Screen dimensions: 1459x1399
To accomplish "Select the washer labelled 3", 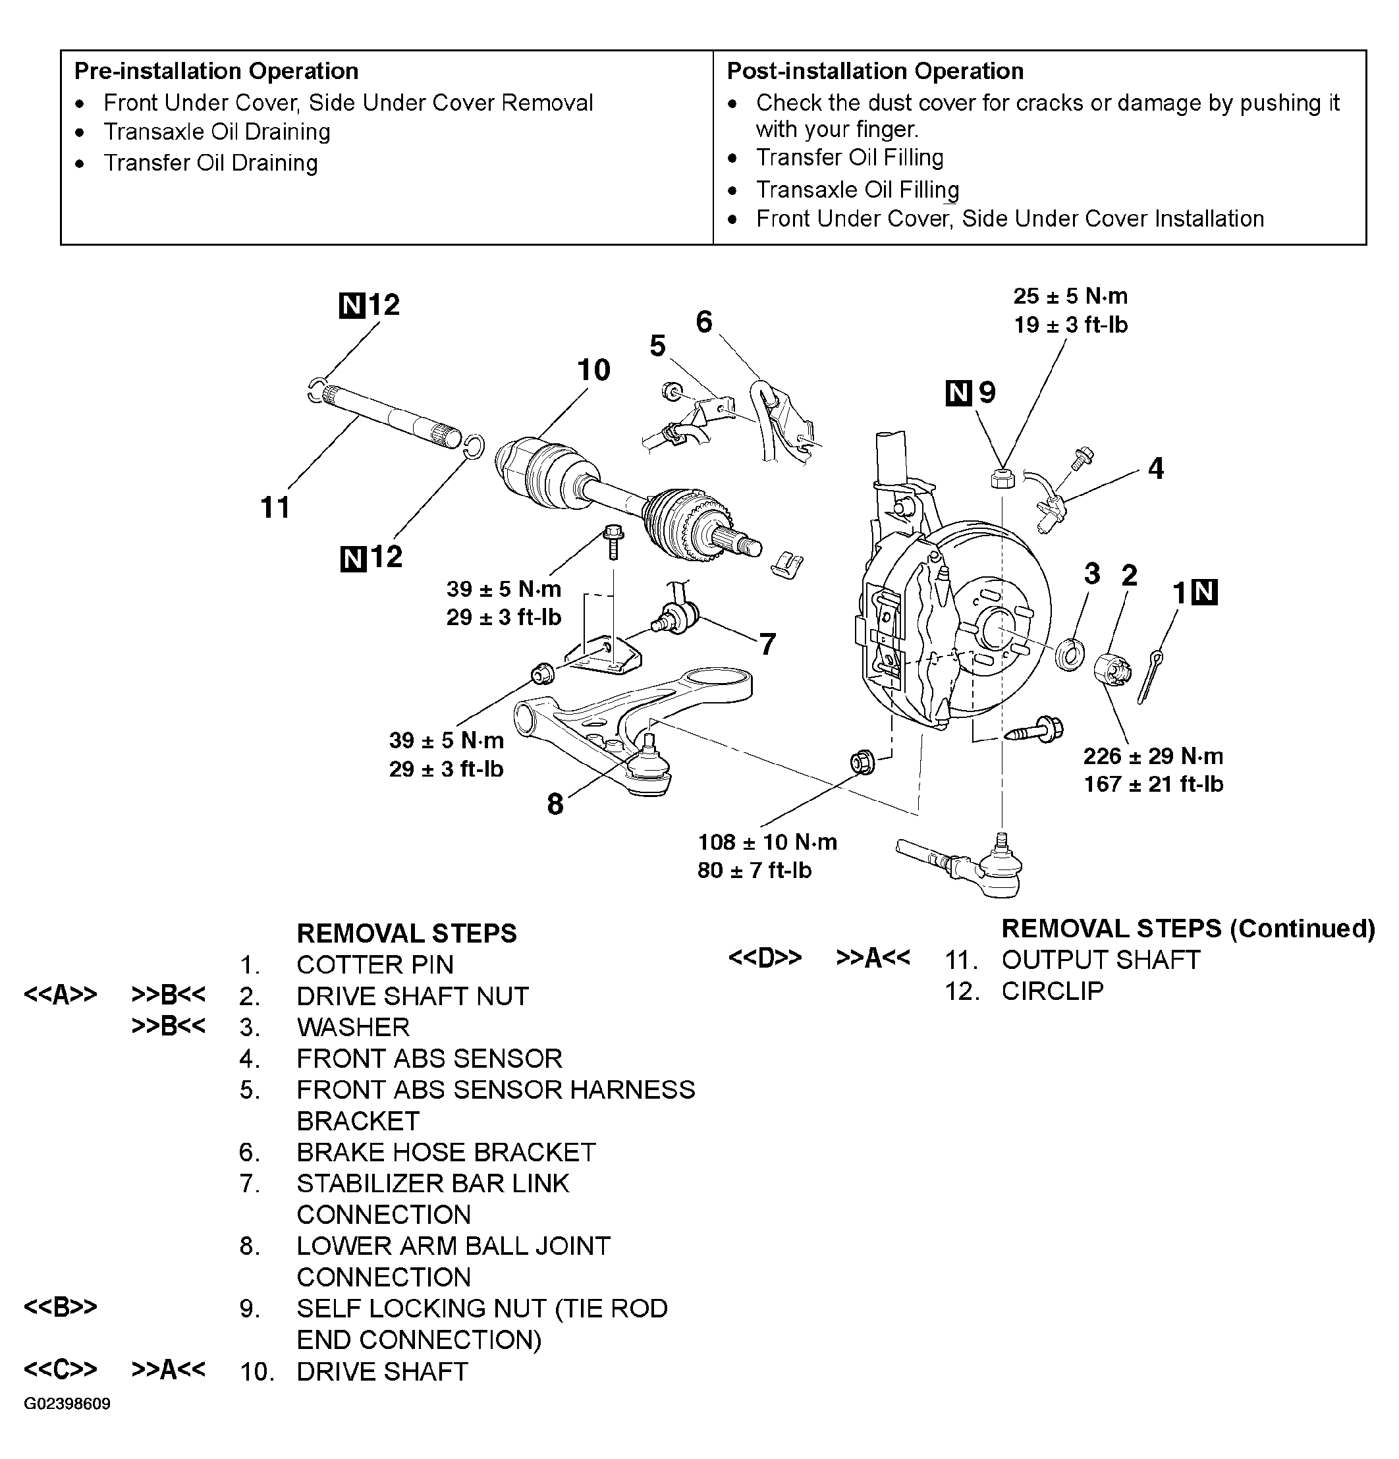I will [1070, 653].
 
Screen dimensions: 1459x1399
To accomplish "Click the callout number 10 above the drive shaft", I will [593, 370].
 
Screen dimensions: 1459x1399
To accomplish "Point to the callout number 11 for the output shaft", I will [275, 508].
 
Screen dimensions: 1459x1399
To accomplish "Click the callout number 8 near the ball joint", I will [555, 804].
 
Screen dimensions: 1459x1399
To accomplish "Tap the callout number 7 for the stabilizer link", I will [767, 643].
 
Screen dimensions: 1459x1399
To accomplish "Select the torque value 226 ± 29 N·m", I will [1153, 756].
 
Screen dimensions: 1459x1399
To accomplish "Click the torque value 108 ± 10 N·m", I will [767, 842].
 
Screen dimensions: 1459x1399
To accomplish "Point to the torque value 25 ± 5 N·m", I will [1070, 296].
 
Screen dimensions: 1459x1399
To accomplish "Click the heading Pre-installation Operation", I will [216, 71].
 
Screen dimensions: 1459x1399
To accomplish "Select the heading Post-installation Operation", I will [874, 71].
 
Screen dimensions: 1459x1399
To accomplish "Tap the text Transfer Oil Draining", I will [210, 163].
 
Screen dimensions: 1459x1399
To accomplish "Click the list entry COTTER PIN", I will [375, 965].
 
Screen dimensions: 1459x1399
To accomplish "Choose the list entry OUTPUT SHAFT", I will [1101, 960].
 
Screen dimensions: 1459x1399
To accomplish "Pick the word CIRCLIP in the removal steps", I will [1052, 991].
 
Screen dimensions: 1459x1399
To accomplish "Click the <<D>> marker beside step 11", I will [765, 957].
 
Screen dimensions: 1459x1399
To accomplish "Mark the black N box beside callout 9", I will [958, 393].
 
